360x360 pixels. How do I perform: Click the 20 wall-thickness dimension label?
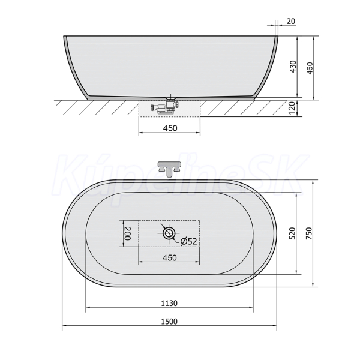point(291,21)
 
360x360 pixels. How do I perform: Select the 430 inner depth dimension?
point(293,67)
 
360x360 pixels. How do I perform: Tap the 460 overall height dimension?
point(310,68)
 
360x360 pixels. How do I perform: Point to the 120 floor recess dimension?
point(291,109)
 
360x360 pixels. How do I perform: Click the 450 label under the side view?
point(170,128)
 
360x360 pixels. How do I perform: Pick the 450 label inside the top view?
point(170,257)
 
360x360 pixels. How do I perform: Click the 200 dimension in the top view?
point(128,233)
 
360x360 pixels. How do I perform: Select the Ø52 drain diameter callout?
point(189,241)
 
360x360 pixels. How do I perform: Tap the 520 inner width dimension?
point(292,233)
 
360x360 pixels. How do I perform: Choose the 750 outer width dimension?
point(310,233)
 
